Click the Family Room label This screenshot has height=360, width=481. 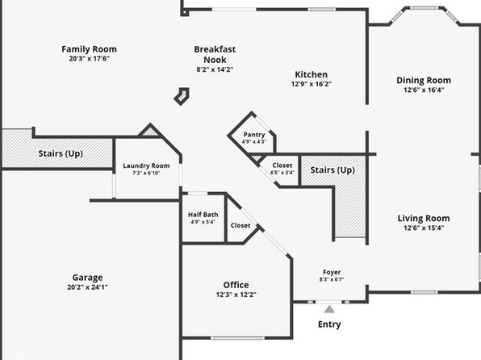(89, 49)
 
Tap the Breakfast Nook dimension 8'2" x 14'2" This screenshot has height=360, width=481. (215, 69)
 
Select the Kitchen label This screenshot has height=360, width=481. (311, 74)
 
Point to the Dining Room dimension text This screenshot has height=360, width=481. (424, 90)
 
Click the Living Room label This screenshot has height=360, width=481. (424, 218)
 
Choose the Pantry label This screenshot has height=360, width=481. (254, 135)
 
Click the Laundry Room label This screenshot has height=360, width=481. (146, 165)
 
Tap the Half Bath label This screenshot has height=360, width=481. (203, 215)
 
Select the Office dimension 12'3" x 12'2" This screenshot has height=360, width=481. (236, 295)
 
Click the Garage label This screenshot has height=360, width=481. (87, 278)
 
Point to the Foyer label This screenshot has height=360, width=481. (332, 272)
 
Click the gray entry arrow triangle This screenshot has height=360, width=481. (329, 309)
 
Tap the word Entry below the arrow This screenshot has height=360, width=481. (329, 324)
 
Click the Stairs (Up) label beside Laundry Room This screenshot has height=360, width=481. (61, 153)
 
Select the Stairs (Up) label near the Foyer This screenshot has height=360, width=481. (333, 170)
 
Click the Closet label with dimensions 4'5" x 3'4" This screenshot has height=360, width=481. (282, 165)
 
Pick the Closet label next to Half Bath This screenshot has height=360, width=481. (240, 225)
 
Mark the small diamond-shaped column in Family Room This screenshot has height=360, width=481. (182, 96)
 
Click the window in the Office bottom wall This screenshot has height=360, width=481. (237, 338)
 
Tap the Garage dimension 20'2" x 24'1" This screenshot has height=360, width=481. (87, 287)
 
